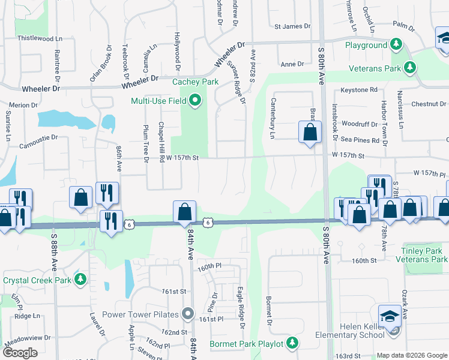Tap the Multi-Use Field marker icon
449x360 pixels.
(x=194, y=101)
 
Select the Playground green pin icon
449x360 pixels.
(x=396, y=44)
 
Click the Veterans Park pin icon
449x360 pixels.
(x=410, y=67)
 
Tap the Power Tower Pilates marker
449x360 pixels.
(x=188, y=314)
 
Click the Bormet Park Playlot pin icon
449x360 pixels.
(x=292, y=343)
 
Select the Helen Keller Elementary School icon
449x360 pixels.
(x=390, y=316)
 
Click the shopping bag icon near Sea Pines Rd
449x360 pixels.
(x=309, y=133)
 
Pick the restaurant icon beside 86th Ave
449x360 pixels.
(x=106, y=193)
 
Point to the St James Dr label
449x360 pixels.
(x=292, y=26)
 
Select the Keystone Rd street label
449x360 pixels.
(x=359, y=90)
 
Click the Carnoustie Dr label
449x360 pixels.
(x=38, y=137)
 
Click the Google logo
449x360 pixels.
(x=20, y=353)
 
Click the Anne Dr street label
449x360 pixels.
(x=293, y=64)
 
